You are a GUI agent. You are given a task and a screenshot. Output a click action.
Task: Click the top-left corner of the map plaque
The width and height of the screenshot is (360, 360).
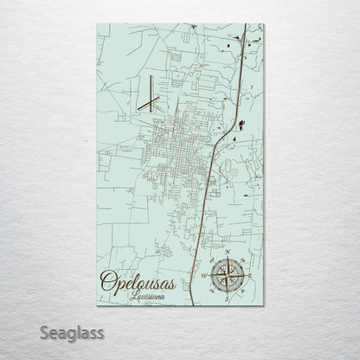click(96, 24)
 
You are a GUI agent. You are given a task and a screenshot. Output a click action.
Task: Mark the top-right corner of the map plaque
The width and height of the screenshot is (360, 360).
click(264, 24)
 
